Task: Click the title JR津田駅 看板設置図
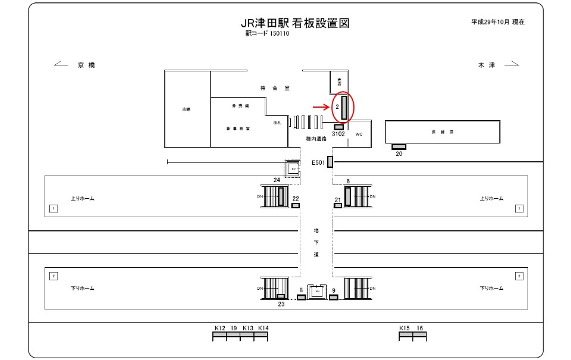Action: point(294,23)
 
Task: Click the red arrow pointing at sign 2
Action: point(321,107)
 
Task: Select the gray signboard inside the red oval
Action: point(344,107)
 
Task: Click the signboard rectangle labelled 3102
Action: point(338,127)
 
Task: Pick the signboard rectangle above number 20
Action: point(399,146)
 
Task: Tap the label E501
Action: point(318,162)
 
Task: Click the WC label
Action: point(359,134)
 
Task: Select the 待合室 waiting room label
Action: point(274,88)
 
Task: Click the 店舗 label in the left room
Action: point(186,109)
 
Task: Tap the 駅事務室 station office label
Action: point(237,128)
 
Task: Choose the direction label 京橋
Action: point(86,65)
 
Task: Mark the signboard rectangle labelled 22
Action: point(295,206)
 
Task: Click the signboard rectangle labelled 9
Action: point(333,298)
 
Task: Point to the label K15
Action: point(404,328)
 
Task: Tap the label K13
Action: point(248,328)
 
